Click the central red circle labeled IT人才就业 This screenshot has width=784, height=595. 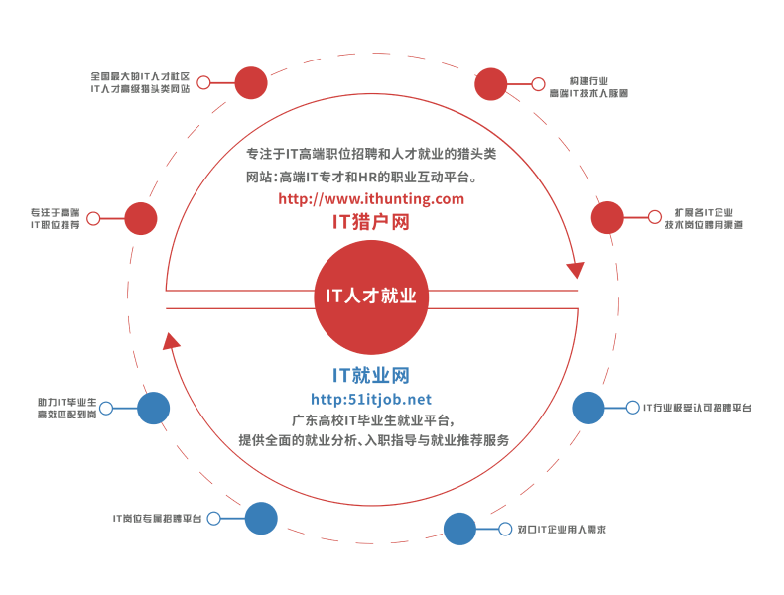point(372,297)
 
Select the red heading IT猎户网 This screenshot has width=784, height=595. point(372,223)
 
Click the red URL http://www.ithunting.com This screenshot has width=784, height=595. point(372,199)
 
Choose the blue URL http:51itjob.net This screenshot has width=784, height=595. point(371,399)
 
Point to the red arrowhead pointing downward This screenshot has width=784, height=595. point(574,268)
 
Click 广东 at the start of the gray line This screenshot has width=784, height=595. point(302,418)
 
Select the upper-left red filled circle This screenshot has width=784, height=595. point(251,82)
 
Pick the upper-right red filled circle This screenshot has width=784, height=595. point(491,84)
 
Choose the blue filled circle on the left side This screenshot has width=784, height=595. point(153,408)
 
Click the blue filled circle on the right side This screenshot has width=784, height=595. point(588,407)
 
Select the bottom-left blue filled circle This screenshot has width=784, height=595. point(261,517)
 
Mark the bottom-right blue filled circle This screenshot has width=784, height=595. point(459,529)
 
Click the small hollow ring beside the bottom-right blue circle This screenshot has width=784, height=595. point(505,529)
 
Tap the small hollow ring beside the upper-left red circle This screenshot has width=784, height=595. point(204,82)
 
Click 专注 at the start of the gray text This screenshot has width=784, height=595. point(257,155)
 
